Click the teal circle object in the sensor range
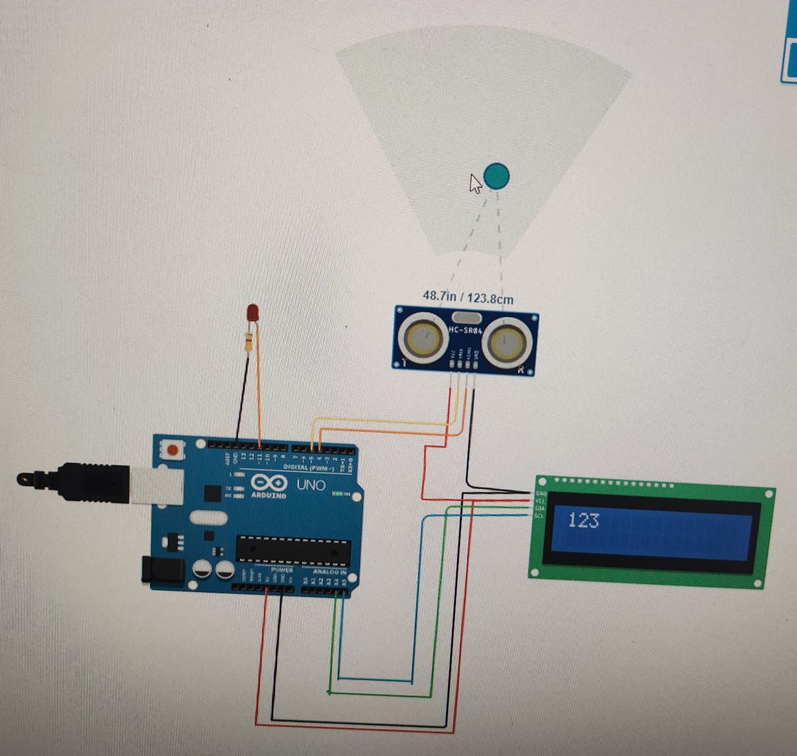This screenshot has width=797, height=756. [497, 176]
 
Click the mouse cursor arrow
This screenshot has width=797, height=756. [475, 183]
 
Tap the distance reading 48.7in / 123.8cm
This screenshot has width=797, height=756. [468, 298]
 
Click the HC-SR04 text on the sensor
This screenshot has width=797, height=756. [465, 330]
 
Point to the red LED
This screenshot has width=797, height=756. [253, 313]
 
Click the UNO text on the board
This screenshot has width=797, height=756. [310, 485]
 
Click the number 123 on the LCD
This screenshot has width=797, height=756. [583, 520]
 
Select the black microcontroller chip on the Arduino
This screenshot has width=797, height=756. [293, 549]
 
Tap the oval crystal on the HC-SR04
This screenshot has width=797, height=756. [466, 317]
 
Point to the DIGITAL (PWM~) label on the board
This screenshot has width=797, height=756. [309, 467]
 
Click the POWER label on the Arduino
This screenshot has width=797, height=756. [282, 570]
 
